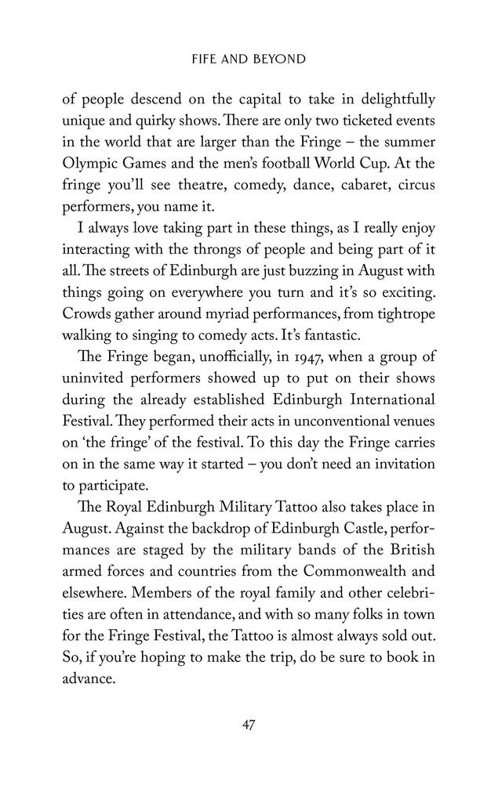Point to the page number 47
(x=249, y=725)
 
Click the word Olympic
(x=94, y=167)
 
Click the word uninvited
(x=93, y=401)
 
